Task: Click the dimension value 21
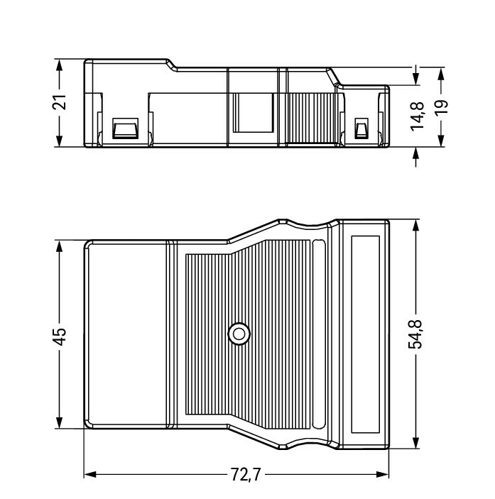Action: [60, 102]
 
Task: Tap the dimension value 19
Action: [441, 107]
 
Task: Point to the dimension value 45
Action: [60, 336]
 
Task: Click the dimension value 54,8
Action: [415, 334]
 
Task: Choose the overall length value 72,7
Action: [246, 475]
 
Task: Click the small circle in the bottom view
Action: [239, 334]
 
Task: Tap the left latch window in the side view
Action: [126, 128]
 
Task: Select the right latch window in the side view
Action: [361, 128]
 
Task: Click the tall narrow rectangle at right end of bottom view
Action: [366, 334]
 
